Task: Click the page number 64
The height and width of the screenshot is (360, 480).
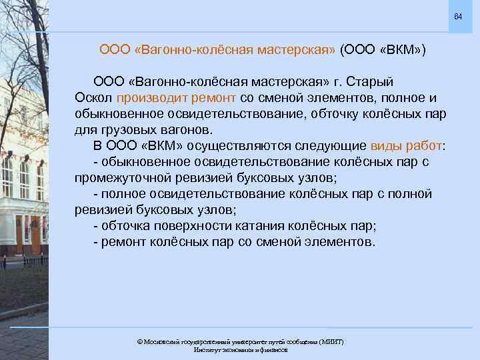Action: (x=457, y=15)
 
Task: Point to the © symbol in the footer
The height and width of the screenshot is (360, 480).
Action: (x=139, y=341)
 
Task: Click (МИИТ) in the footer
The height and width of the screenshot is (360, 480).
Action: (x=331, y=341)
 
